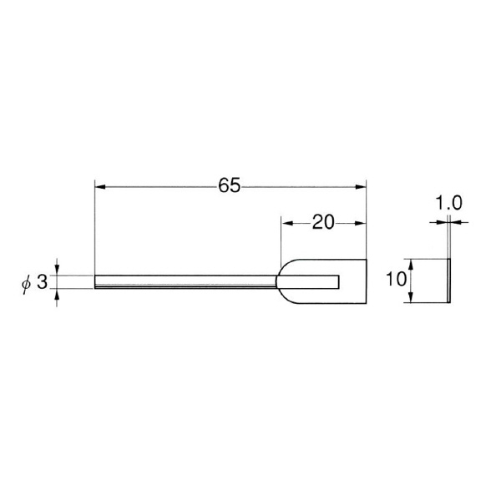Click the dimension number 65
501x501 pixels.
pyautogui.click(x=229, y=185)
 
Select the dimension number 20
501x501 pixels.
pyautogui.click(x=323, y=222)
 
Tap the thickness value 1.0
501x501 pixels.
pyautogui.click(x=448, y=203)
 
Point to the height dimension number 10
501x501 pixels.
pyautogui.click(x=396, y=279)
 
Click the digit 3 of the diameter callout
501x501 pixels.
pyautogui.click(x=43, y=282)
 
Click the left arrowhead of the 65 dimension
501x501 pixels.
pyautogui.click(x=100, y=187)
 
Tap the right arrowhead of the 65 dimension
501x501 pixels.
pyautogui.click(x=361, y=187)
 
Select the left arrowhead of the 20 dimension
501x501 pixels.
pyautogui.click(x=287, y=223)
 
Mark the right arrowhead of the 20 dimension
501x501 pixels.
pyautogui.click(x=360, y=223)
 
